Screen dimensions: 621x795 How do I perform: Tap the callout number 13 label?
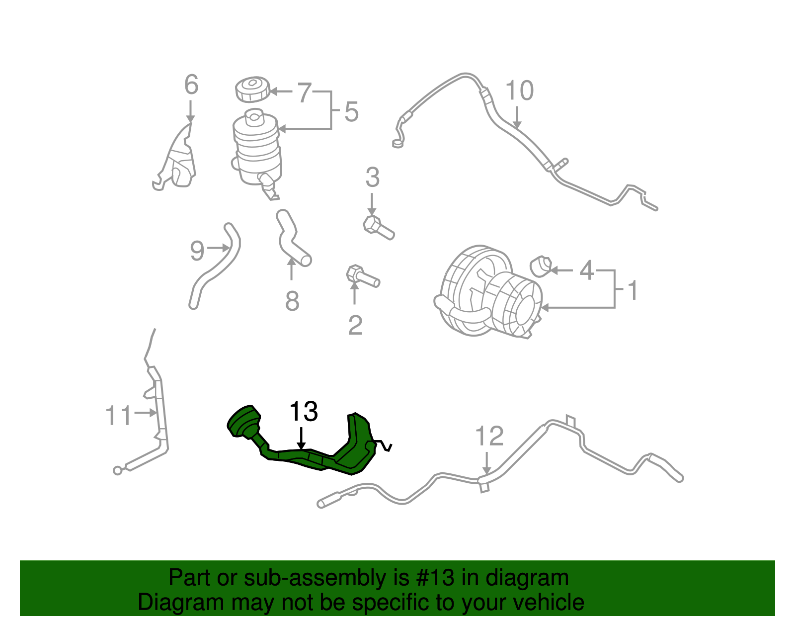pyautogui.click(x=304, y=412)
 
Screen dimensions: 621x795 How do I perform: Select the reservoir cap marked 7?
pyautogui.click(x=252, y=89)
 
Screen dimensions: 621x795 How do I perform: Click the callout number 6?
pyautogui.click(x=191, y=85)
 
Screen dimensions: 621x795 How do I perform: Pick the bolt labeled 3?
pyautogui.click(x=378, y=228)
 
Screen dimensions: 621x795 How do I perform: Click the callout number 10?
pyautogui.click(x=519, y=91)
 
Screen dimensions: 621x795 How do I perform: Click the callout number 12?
pyautogui.click(x=489, y=436)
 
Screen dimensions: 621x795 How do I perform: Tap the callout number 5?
pyautogui.click(x=351, y=112)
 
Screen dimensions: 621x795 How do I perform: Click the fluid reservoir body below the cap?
pyautogui.click(x=257, y=147)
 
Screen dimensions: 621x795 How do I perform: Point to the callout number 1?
pyautogui.click(x=633, y=290)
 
